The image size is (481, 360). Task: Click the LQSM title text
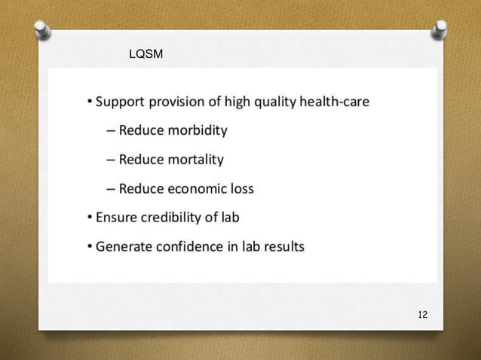pos(146,54)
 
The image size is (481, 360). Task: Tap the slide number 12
pos(422,314)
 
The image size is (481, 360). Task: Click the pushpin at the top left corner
pos(42,29)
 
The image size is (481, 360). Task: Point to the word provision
pos(182,101)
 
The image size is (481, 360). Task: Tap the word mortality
pos(193,159)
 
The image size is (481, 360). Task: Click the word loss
pos(240,188)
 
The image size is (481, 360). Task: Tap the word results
pos(283,246)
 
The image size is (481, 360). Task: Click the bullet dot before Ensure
pos(90,218)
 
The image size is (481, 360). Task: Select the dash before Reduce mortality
pos(111,160)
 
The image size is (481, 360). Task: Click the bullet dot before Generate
pos(90,246)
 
